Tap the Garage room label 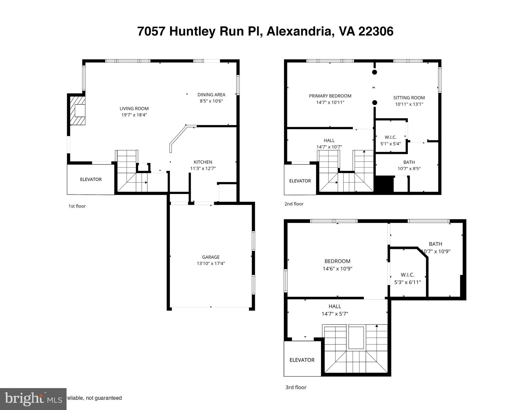coord(211,257)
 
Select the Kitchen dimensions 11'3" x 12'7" coord(203,168)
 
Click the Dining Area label coord(211,95)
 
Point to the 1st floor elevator coord(91,179)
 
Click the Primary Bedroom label coord(330,96)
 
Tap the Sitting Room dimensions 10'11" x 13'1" coord(409,104)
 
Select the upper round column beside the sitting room coord(375,72)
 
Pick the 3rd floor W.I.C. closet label coord(407,275)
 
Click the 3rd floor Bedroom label coord(337,261)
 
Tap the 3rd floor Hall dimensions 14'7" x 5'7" coord(335,314)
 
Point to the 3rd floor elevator coord(302,360)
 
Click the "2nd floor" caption coord(294,204)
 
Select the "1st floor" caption coord(77,206)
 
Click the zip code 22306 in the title coord(376,31)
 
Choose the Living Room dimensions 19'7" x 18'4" coord(134,115)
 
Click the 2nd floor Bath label coord(409,162)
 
